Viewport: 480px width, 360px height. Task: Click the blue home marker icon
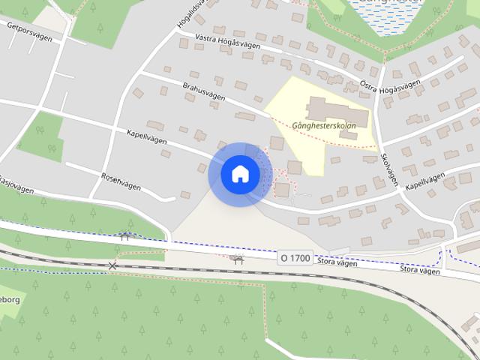pos(240,174)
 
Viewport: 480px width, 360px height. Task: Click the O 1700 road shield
pos(295,257)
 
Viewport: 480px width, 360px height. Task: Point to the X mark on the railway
pos(112,265)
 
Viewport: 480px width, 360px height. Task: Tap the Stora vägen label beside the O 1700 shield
pos(336,262)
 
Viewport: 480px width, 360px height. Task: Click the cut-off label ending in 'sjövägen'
pos(16,185)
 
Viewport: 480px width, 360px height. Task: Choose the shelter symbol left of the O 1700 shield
pos(238,259)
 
